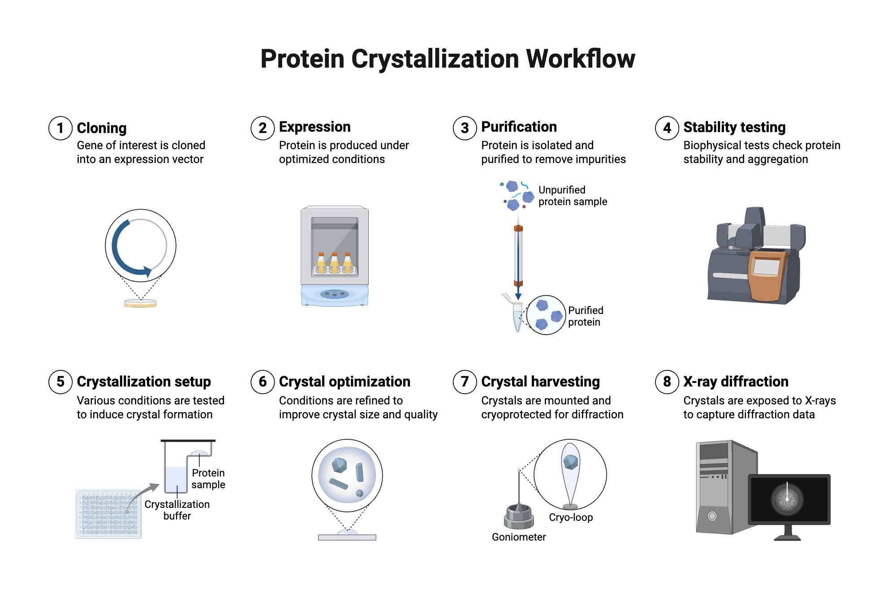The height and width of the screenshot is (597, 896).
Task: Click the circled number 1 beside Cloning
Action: tap(60, 128)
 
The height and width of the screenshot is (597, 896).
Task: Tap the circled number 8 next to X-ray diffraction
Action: tap(667, 382)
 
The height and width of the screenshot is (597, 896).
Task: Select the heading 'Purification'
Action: tap(519, 127)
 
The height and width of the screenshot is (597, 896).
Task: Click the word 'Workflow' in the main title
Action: tap(580, 59)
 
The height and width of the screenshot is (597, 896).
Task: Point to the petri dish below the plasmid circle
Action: tap(140, 303)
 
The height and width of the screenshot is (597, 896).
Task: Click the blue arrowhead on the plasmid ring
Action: tap(147, 271)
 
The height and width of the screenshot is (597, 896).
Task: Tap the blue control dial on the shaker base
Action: tap(334, 294)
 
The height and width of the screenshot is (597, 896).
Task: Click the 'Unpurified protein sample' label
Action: tap(572, 196)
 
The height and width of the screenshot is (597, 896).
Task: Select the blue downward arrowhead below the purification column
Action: tap(518, 296)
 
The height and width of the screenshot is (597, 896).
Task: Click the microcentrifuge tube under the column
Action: tap(517, 316)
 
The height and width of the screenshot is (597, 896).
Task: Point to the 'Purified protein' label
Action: tap(585, 316)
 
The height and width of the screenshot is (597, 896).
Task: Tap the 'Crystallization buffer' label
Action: tap(177, 510)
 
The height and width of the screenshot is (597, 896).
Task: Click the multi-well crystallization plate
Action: tap(108, 514)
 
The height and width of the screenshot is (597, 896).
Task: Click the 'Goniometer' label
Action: tap(519, 537)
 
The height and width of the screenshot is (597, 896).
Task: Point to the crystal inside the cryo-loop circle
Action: tap(570, 462)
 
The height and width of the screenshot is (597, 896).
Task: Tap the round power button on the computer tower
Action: tap(712, 516)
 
